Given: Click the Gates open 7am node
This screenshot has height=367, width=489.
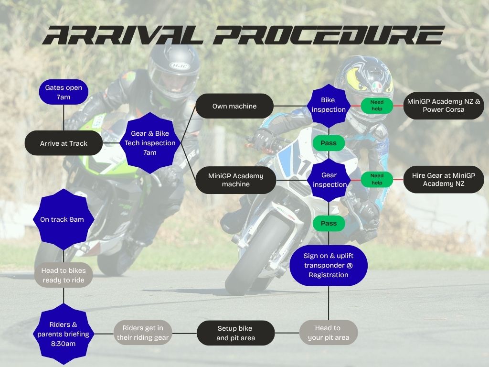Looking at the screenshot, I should pos(64,92).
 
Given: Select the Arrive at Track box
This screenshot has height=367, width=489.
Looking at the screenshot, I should pos(64,143).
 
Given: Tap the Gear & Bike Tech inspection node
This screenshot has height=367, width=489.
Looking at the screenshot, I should pos(150,143).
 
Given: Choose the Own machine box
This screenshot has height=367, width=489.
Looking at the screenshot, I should pos(234,106).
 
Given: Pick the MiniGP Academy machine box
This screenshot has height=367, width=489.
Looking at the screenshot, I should pos(235,180).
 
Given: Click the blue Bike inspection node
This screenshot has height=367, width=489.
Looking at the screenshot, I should pos(329,105).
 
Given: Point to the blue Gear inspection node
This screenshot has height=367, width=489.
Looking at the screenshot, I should pos(329,180).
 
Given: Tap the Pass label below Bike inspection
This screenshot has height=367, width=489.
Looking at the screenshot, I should pos(329,143).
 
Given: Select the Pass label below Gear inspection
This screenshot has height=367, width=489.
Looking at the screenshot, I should pos(329,223).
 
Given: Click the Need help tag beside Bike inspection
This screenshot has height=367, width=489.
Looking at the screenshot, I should pos(377,106).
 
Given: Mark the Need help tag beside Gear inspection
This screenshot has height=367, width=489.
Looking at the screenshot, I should pos(377,179).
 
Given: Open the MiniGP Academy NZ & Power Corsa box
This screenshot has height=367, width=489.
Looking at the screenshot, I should pos(443,106).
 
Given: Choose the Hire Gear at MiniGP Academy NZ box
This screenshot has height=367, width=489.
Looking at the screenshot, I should pos(443,180).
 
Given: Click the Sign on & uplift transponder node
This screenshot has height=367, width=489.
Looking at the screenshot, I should pos(329,265).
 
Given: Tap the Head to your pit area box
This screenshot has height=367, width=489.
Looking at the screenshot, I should pos(329,333).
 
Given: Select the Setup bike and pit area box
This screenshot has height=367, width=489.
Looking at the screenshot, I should pos(235,333).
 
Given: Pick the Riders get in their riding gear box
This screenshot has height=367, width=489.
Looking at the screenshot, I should pos(143,333).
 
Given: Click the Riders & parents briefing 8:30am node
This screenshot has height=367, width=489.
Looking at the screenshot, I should pos(64,333).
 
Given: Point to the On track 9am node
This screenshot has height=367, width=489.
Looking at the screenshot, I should pos(62,219).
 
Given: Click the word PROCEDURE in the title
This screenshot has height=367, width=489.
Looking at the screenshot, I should pos(330,35).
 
